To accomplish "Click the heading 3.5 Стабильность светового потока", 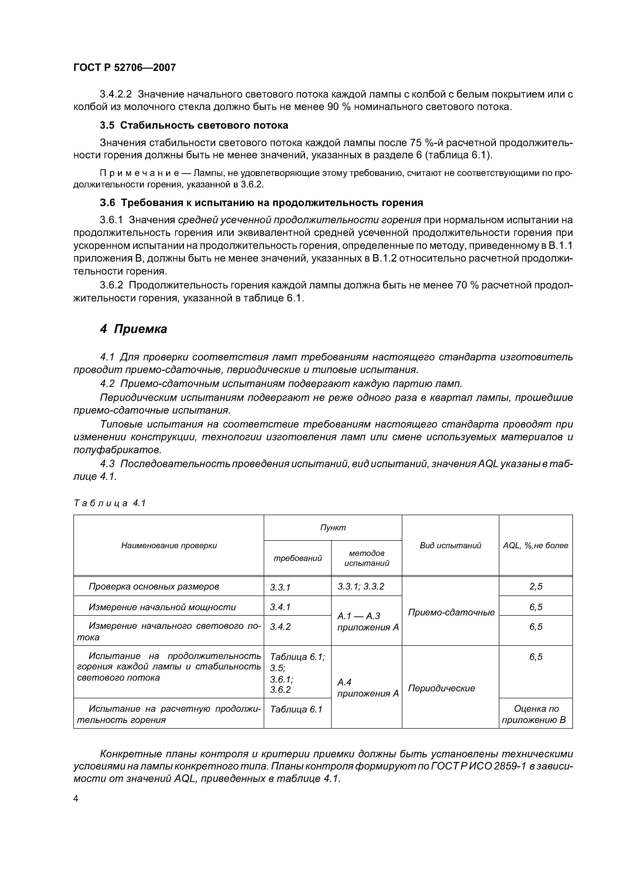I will click(194, 125).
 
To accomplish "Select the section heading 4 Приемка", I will click(133, 329).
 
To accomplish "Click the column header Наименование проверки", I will click(169, 545).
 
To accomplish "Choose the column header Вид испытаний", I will click(450, 545).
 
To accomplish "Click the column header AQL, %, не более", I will click(535, 545).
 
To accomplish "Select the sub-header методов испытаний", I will click(366, 558).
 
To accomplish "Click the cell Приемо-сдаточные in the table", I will click(451, 612).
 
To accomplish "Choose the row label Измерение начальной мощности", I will click(162, 607).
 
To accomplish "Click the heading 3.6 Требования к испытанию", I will click(261, 203).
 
